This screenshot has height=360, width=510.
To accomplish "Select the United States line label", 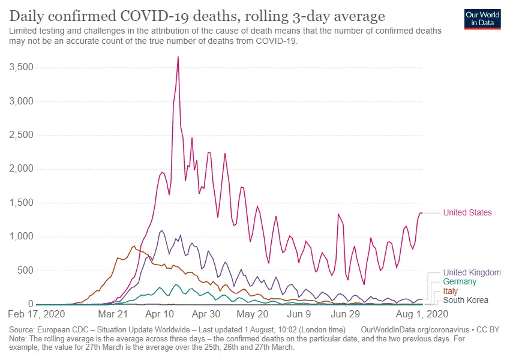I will point(467,212).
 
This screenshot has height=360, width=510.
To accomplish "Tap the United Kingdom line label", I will point(472,272).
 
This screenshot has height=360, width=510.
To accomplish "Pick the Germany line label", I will point(460,281).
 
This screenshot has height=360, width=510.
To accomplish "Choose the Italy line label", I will point(450,291).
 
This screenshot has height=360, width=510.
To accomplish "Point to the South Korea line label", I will point(466,300).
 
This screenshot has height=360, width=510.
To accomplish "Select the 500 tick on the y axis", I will point(25,271).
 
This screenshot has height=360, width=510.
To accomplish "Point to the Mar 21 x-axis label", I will point(113,314).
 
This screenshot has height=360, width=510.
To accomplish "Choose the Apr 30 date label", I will point(206,314).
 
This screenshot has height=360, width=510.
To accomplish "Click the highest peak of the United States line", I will point(178,57).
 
